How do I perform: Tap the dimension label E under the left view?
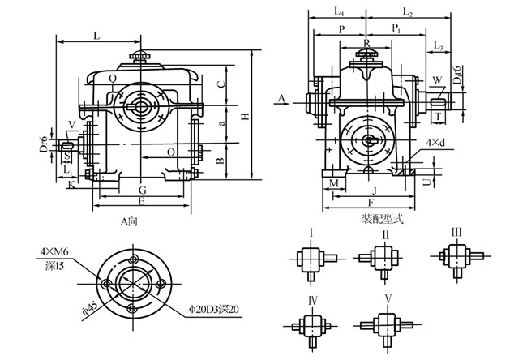coord(142,200)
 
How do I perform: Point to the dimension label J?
coord(372,190)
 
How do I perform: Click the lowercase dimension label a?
coord(221,122)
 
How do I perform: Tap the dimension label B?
coord(221,161)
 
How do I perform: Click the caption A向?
coord(129,219)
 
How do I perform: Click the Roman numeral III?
coord(456,234)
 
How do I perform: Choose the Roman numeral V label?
coord(388,300)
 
